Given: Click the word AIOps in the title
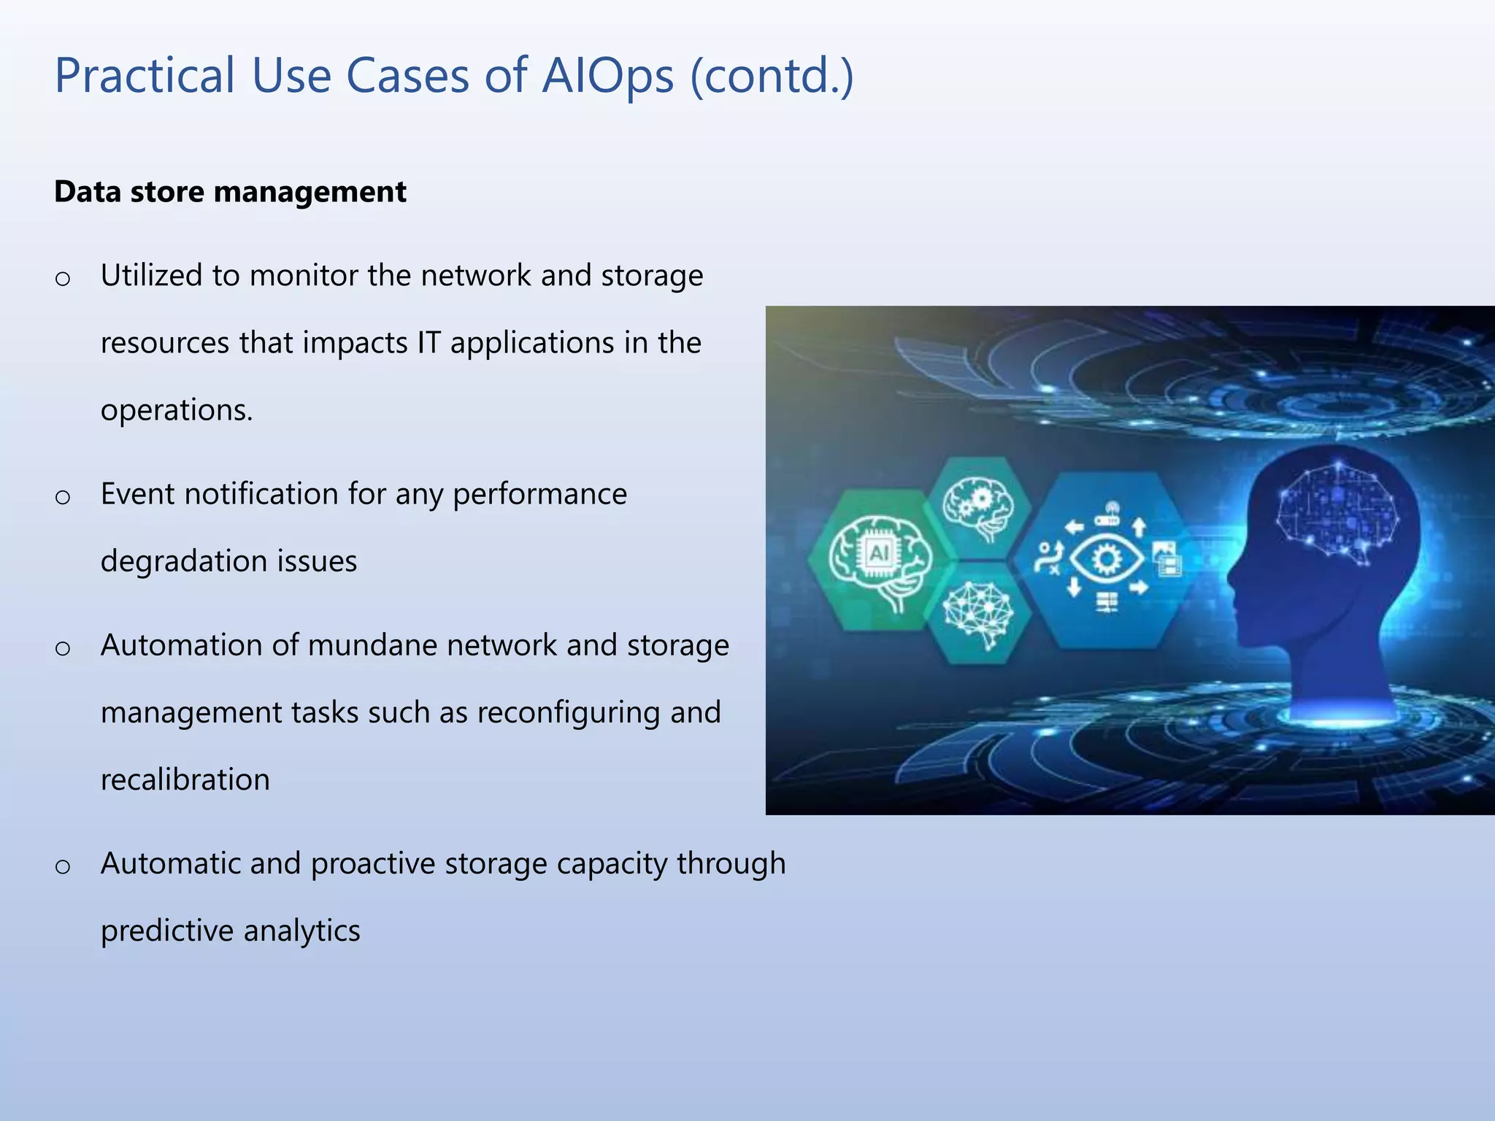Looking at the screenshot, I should click(607, 76).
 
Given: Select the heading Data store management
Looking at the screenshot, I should click(230, 192).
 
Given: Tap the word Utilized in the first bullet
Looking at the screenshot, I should click(151, 276).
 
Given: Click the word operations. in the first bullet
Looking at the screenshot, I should click(177, 410).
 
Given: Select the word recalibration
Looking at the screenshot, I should click(185, 779).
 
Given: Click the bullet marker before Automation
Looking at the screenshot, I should click(63, 649).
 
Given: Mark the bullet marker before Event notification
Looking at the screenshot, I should click(63, 498).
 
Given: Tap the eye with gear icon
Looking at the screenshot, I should click(1107, 560).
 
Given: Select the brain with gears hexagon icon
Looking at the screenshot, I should click(977, 507).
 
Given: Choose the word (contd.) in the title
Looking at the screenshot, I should click(772, 76).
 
